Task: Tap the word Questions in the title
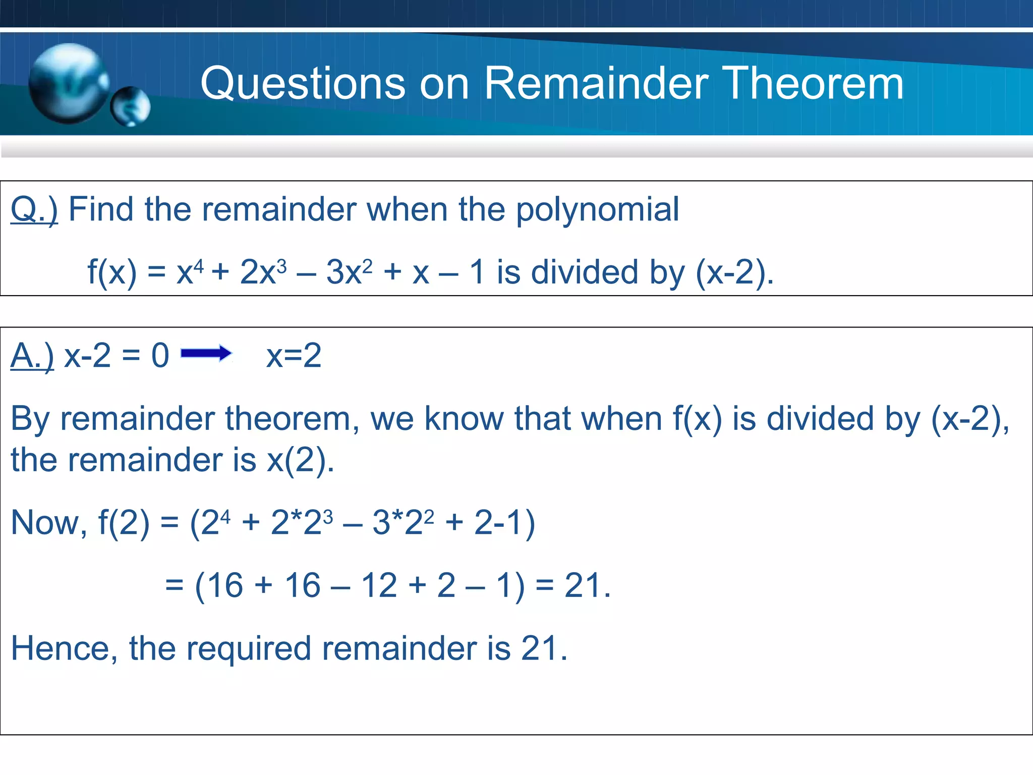pyautogui.click(x=303, y=84)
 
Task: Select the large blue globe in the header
pyautogui.click(x=68, y=83)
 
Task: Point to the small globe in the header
pyautogui.click(x=130, y=106)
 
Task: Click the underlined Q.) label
pyautogui.click(x=34, y=209)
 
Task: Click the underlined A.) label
pyautogui.click(x=32, y=356)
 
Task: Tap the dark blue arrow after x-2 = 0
pyautogui.click(x=206, y=353)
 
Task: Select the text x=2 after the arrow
pyautogui.click(x=294, y=356)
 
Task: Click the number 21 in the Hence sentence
pyautogui.click(x=540, y=648)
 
